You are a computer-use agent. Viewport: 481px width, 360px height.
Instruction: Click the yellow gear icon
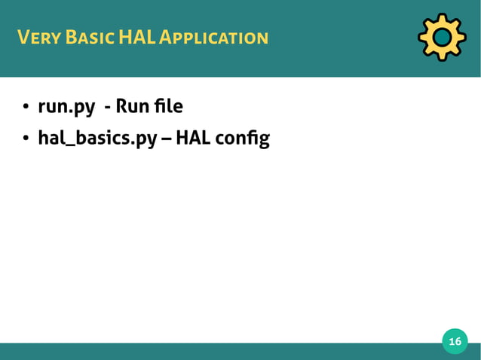coord(442,37)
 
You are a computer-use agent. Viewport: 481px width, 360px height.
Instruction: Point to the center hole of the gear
coord(442,37)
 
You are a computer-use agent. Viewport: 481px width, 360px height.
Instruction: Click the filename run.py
coord(66,108)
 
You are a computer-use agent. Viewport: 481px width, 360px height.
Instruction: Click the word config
coord(244,139)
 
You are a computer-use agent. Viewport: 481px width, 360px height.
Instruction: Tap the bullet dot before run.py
coord(25,108)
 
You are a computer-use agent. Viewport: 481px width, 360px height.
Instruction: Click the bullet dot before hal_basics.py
coord(25,139)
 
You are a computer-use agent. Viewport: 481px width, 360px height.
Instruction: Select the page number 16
coord(455,343)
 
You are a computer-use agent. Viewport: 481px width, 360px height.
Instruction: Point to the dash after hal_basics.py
coord(164,140)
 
